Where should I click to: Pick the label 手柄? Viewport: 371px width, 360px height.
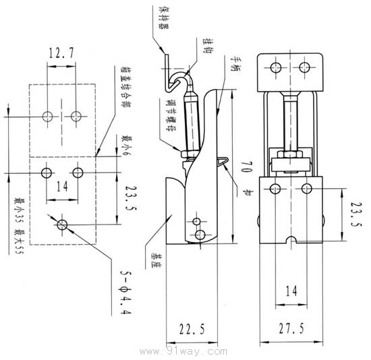coord(234,67)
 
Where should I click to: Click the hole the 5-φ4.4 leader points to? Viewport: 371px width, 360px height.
coord(63,224)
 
